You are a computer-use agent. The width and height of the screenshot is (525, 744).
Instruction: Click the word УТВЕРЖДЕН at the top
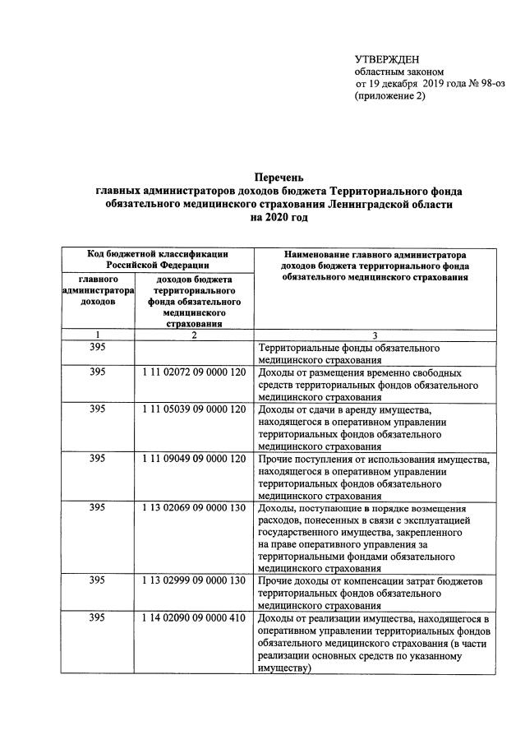386,59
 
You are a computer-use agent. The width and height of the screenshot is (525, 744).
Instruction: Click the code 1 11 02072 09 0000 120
194,372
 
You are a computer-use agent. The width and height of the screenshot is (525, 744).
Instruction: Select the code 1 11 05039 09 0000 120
194,409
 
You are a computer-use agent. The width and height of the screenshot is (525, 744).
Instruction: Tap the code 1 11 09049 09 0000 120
194,459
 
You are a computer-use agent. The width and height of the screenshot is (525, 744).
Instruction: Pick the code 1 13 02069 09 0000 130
194,508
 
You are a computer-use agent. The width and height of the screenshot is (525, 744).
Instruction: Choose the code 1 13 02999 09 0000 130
194,580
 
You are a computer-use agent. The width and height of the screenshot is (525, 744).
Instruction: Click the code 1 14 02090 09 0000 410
194,617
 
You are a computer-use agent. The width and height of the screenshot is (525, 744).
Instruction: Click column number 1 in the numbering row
98,335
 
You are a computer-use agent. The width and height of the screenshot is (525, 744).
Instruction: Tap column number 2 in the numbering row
194,335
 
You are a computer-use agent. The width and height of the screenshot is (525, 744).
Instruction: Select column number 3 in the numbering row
375,335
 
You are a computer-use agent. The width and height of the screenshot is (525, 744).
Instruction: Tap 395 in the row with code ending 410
98,617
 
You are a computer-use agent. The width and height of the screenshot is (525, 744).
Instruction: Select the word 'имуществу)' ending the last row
285,668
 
